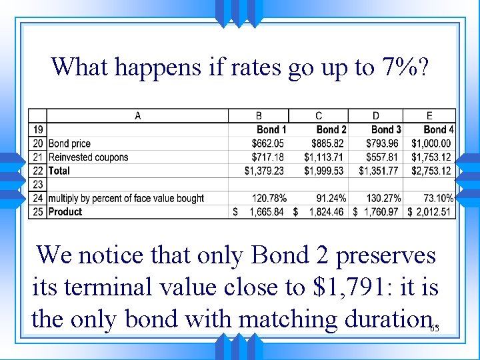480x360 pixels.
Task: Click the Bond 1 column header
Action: pos(271,129)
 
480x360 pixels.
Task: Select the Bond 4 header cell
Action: pos(438,129)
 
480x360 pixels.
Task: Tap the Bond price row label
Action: pos(69,143)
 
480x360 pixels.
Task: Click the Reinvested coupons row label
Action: pos(88,157)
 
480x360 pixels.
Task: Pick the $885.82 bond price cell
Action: pos(327,143)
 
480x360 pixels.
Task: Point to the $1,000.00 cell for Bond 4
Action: pos(431,143)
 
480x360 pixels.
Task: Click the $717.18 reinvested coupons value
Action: pos(267,157)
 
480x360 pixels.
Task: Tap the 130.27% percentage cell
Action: pos(383,198)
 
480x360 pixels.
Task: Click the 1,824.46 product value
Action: pos(325,212)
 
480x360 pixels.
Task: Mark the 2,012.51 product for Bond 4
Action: pos(433,212)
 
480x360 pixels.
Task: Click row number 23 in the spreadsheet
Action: pos(37,185)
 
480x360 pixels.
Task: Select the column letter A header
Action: pos(137,116)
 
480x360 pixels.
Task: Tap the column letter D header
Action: pos(376,116)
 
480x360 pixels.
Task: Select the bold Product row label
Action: pos(65,212)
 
